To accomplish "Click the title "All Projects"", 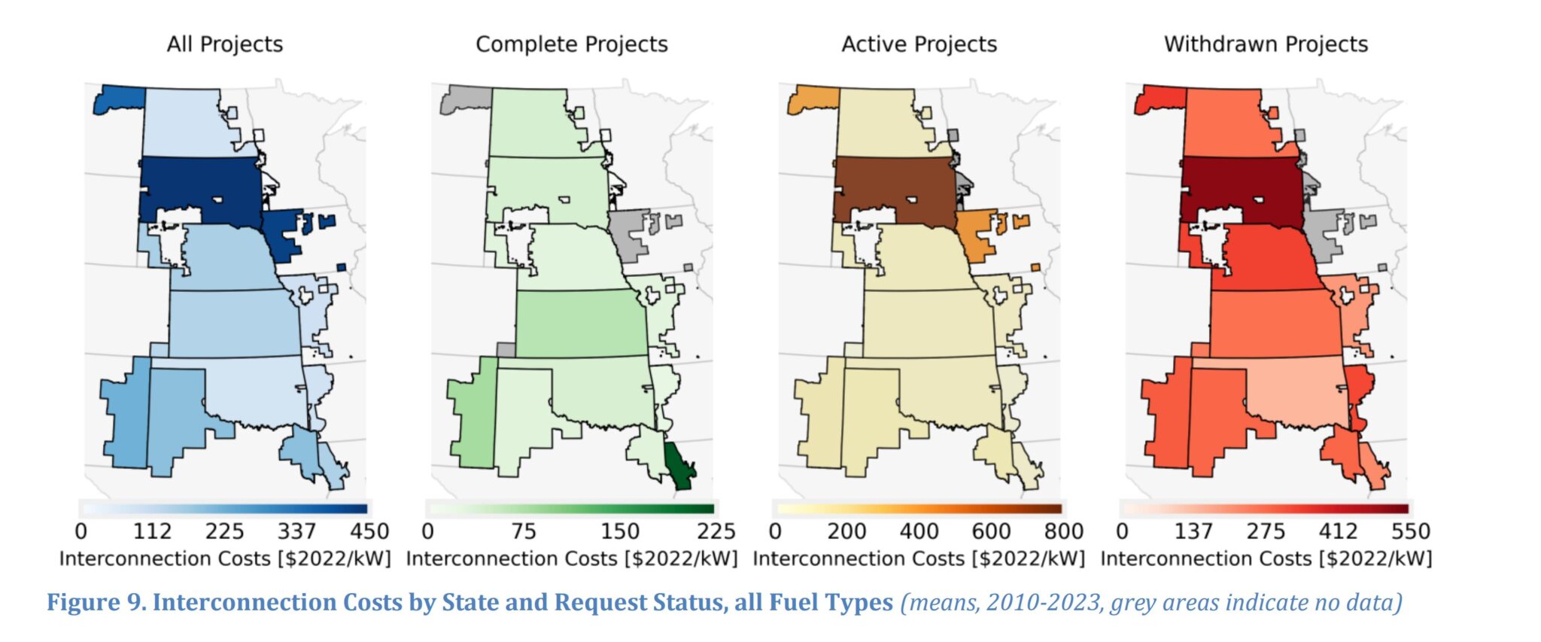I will click(225, 44).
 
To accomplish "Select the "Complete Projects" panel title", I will click(571, 44).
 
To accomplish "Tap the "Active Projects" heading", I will click(919, 44).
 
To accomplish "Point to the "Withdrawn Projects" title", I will click(1266, 44).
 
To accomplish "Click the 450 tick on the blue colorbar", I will click(369, 531).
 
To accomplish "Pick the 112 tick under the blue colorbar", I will click(152, 531).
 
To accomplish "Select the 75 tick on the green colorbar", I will click(523, 531).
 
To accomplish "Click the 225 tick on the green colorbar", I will click(716, 531).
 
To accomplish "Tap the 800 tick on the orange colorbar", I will click(1063, 531).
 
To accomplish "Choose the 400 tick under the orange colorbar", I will click(919, 531).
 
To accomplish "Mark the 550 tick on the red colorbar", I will click(1410, 531).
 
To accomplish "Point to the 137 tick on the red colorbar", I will click(1193, 531).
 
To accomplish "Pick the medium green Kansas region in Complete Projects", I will click(580, 324).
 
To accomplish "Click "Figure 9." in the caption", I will click(96, 602).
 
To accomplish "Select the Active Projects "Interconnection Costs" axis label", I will click(919, 558).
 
